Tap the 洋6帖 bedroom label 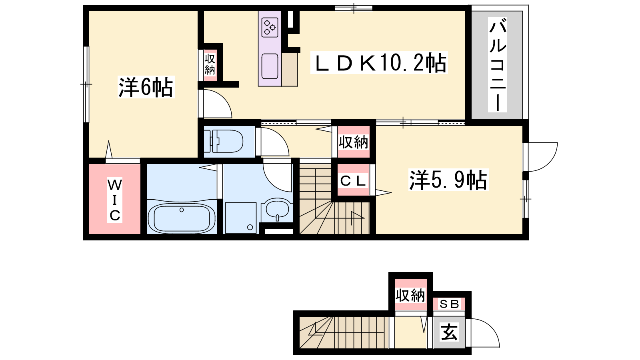click(146, 87)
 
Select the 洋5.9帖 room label click(448, 180)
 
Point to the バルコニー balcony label click(498, 64)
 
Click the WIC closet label click(115, 200)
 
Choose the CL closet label click(353, 180)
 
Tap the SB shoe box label click(449, 304)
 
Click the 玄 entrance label click(450, 332)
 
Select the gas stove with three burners click(270, 28)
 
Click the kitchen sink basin click(270, 66)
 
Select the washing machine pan click(240, 218)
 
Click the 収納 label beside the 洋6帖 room click(210, 64)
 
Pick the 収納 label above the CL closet click(354, 142)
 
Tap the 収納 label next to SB click(410, 295)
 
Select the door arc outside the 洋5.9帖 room click(549, 162)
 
